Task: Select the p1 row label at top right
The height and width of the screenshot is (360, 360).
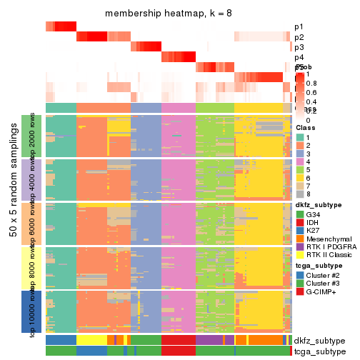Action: click(x=299, y=27)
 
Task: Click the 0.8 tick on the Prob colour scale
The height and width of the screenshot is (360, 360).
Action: click(x=311, y=82)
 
